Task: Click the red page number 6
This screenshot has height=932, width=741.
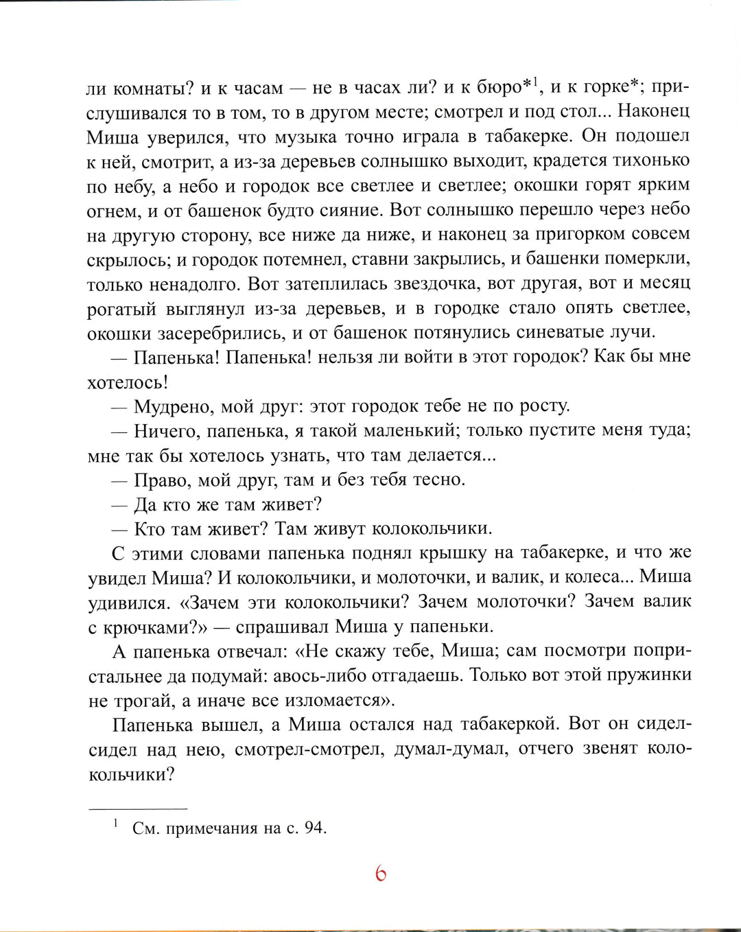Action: pyautogui.click(x=381, y=874)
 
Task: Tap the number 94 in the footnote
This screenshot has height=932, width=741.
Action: pyautogui.click(x=314, y=828)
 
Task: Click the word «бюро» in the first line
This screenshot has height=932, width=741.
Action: pyautogui.click(x=499, y=87)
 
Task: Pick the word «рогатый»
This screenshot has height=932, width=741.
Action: pyautogui.click(x=122, y=309)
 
